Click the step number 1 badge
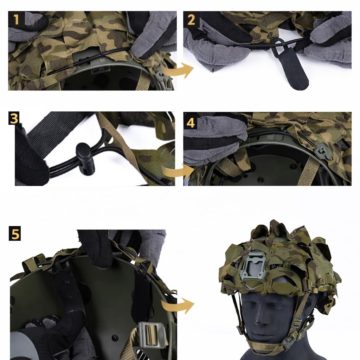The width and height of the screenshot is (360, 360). [x=16, y=19]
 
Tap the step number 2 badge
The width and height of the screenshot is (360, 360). [x=191, y=20]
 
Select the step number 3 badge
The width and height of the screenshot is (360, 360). [x=14, y=118]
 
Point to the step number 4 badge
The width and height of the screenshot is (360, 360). [x=191, y=122]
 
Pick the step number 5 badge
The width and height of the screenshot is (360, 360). [x=15, y=233]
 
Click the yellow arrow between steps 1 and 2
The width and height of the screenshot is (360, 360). [x=178, y=70]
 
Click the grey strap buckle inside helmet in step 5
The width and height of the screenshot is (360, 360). [x=150, y=334]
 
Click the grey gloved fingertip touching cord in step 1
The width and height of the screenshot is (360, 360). [x=138, y=52]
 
